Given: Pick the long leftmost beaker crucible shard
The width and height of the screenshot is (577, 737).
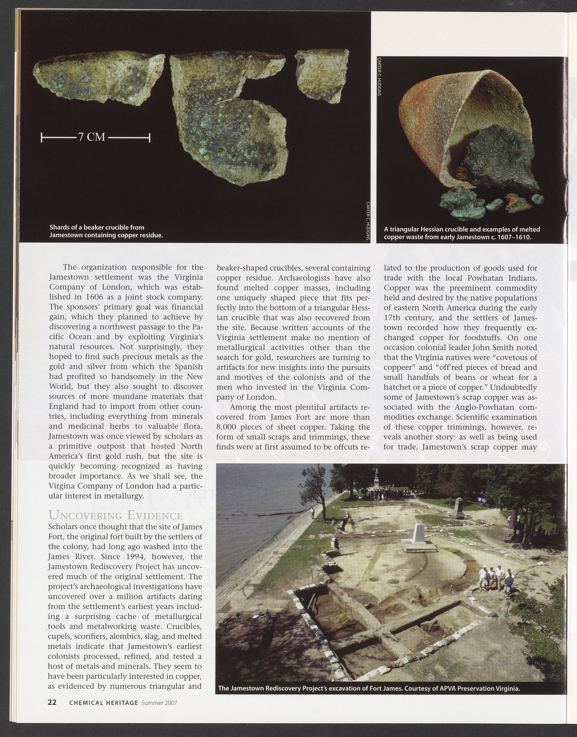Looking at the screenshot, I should click(x=98, y=81).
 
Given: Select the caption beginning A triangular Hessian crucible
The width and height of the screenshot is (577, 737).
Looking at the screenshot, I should click(x=462, y=233).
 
